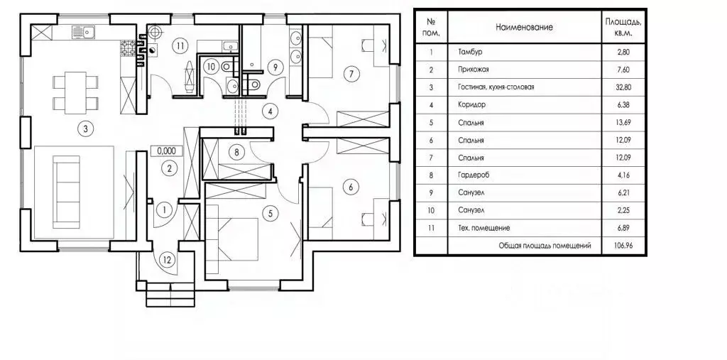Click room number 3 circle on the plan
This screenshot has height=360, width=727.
click(x=85, y=129)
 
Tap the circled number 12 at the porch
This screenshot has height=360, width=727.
click(x=168, y=261)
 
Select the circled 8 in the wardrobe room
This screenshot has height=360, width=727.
click(x=236, y=152)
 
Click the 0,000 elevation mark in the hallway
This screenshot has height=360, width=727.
click(x=166, y=151)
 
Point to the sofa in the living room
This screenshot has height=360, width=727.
click(x=66, y=192)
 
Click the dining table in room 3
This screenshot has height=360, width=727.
click(x=75, y=93)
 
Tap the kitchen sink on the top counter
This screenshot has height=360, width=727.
click(x=84, y=32)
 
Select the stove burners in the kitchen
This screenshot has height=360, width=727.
click(x=128, y=48)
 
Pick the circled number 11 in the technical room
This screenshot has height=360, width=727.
click(x=180, y=45)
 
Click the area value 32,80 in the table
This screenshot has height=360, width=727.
click(x=623, y=87)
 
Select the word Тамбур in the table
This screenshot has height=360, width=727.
click(x=470, y=52)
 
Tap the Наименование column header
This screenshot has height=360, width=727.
click(x=524, y=27)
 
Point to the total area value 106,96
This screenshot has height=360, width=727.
click(x=623, y=246)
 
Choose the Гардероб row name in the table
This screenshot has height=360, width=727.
click(x=474, y=175)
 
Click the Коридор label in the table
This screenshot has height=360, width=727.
click(x=471, y=105)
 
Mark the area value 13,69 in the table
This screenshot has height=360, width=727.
click(x=623, y=122)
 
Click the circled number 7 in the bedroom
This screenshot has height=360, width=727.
click(x=351, y=73)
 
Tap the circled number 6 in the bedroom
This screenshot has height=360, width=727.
click(x=351, y=187)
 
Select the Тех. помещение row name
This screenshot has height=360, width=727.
click(x=484, y=228)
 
